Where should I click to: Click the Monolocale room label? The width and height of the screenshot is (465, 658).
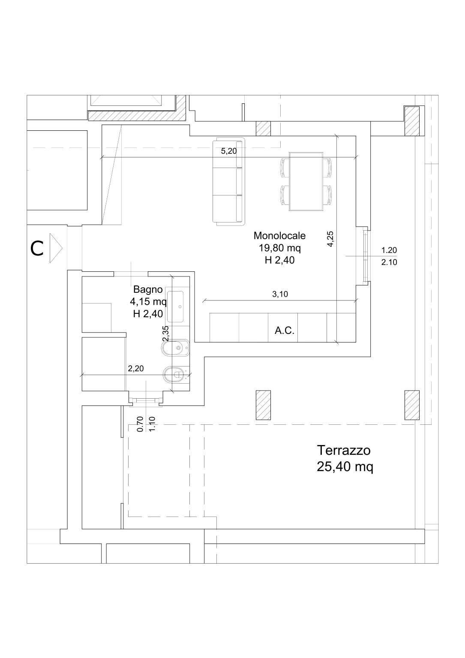(279, 235)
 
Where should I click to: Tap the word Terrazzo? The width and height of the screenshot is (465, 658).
(343, 451)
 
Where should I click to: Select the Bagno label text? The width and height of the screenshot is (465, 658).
(148, 289)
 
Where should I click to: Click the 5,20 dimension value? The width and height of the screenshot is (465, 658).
(228, 151)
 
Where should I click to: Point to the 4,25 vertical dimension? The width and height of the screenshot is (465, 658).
(330, 239)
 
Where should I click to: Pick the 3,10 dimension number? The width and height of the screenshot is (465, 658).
(279, 294)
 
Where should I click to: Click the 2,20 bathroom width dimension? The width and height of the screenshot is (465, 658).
(136, 368)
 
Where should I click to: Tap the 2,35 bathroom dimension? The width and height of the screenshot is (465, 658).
(166, 334)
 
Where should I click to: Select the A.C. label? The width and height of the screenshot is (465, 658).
(284, 331)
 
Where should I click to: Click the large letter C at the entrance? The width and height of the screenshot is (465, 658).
(37, 249)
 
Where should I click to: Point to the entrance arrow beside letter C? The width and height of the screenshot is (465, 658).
(56, 249)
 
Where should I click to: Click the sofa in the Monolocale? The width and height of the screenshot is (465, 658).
(229, 181)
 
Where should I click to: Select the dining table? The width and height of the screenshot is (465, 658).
(306, 181)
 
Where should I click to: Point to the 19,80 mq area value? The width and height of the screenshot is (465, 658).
(279, 248)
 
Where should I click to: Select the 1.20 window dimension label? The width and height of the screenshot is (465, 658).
(389, 250)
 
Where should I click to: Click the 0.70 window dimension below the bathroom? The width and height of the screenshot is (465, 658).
(140, 424)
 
